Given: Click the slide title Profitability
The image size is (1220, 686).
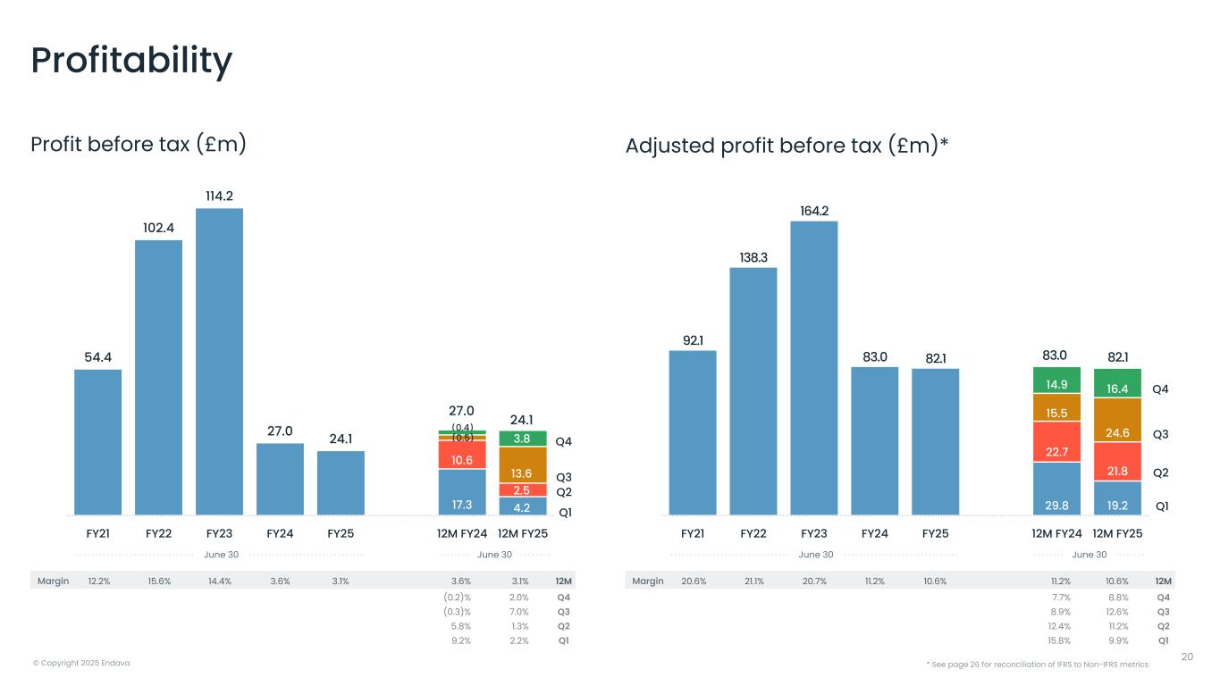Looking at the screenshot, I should click(x=131, y=61).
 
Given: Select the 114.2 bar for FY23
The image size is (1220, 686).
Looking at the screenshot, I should click(x=219, y=362).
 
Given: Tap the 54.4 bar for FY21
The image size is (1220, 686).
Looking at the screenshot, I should click(x=97, y=442).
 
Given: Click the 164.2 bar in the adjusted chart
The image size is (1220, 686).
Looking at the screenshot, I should click(x=813, y=368).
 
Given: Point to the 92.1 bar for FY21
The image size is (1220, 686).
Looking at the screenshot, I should click(x=692, y=433).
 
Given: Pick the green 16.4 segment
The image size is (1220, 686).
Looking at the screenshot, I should click(x=1117, y=381).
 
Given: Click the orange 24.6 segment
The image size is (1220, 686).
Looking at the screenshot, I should click(x=1117, y=432).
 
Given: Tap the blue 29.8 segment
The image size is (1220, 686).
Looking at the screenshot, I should click(x=1056, y=489).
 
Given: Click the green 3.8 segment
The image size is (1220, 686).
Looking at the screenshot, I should click(x=522, y=439).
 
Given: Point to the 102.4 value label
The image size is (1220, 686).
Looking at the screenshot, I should click(x=158, y=228).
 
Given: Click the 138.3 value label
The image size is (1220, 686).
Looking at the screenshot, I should click(x=753, y=256).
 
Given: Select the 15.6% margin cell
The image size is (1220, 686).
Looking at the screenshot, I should click(x=158, y=581).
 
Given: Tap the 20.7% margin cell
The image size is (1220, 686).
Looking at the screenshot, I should click(x=813, y=581).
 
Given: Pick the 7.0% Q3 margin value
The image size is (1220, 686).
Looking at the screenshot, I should click(x=519, y=612).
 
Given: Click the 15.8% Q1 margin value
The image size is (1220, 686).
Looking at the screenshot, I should click(x=1058, y=640).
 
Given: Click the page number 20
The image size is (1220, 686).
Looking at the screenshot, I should click(x=1187, y=657).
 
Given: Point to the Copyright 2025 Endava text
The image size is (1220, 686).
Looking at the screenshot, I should click(x=80, y=663).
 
